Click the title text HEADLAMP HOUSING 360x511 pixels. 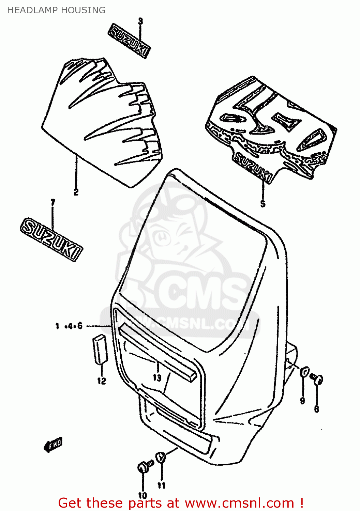pyautogui.click(x=56, y=10)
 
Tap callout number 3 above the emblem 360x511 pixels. pyautogui.click(x=140, y=21)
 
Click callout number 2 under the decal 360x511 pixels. pyautogui.click(x=76, y=192)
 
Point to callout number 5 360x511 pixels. pyautogui.click(x=262, y=204)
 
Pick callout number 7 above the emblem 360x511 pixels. pyautogui.click(x=52, y=203)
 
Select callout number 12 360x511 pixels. pyautogui.click(x=102, y=381)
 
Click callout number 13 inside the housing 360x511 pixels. pyautogui.click(x=157, y=377)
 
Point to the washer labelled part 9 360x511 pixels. pyautogui.click(x=304, y=372)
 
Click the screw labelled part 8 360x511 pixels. pyautogui.click(x=317, y=379)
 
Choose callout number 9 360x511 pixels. pyautogui.click(x=302, y=401)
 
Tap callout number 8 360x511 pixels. pyautogui.click(x=316, y=408)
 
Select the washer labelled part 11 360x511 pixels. pyautogui.click(x=161, y=458)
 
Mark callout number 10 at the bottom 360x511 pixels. pyautogui.click(x=142, y=495)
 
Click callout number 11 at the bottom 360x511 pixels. pyautogui.click(x=161, y=485)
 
